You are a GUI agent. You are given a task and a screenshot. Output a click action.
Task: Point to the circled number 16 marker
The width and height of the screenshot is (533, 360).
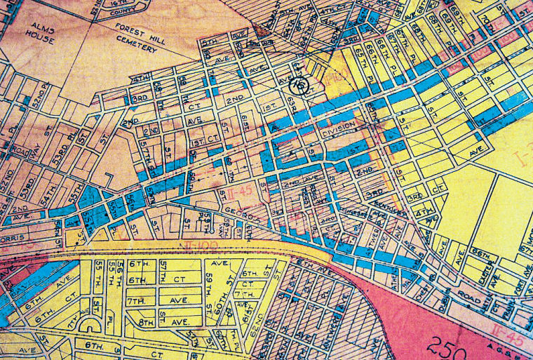(299, 86)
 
